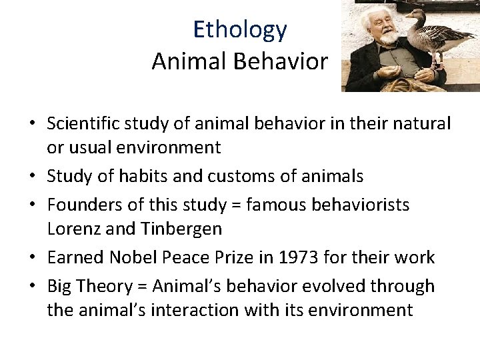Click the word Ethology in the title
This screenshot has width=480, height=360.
pos(240,29)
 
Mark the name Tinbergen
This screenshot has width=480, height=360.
pos(181,229)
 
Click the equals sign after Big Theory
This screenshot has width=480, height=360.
pos(143,287)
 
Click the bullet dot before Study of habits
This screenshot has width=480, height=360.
pos(33,177)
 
